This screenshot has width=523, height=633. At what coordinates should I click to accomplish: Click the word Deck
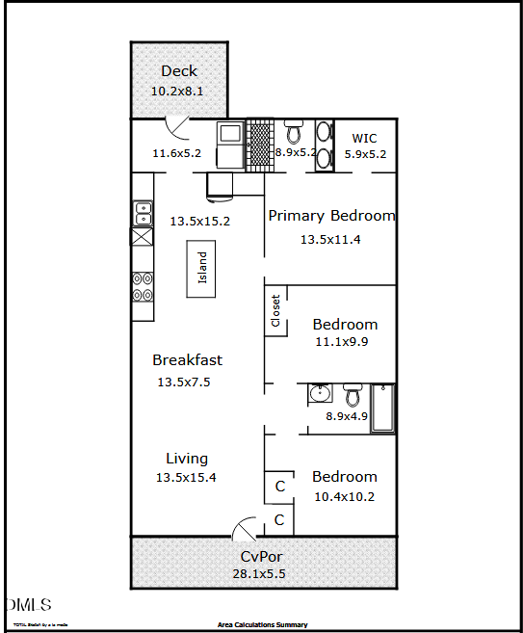click(179, 70)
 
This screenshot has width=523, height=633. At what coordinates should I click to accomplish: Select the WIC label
click(364, 138)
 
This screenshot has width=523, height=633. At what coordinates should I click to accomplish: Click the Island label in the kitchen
click(202, 268)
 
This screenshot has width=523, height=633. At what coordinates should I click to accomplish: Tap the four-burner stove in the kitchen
click(142, 287)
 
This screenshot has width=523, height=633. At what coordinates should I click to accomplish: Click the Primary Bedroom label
click(331, 216)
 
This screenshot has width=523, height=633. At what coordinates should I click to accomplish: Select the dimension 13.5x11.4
click(330, 239)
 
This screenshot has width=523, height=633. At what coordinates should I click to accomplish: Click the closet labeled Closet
click(276, 310)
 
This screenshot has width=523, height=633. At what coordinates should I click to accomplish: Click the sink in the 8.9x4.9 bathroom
click(320, 393)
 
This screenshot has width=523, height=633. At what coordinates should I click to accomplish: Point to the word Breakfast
click(187, 360)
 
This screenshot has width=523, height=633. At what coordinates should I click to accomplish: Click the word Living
click(186, 459)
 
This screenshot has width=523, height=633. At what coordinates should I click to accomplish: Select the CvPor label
click(261, 557)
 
